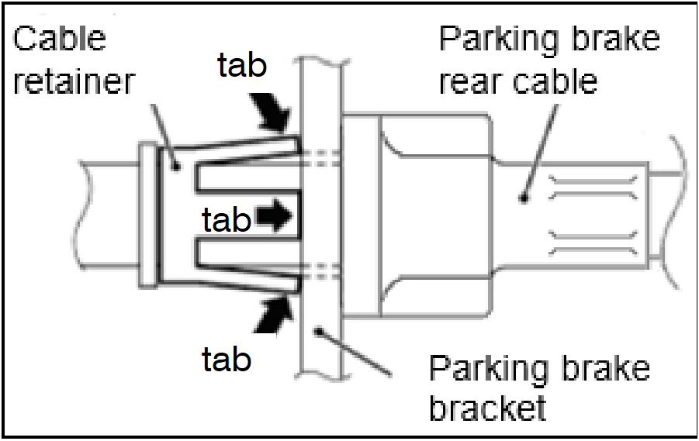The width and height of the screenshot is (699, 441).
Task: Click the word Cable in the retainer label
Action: point(60,39)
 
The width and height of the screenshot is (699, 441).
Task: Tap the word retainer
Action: point(74,82)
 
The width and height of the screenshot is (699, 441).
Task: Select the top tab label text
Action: point(241,67)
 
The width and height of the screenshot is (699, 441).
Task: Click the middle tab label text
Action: point(226,220)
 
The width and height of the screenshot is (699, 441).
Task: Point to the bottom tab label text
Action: point(226,359)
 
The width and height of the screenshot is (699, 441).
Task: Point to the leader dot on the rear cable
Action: point(525,198)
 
